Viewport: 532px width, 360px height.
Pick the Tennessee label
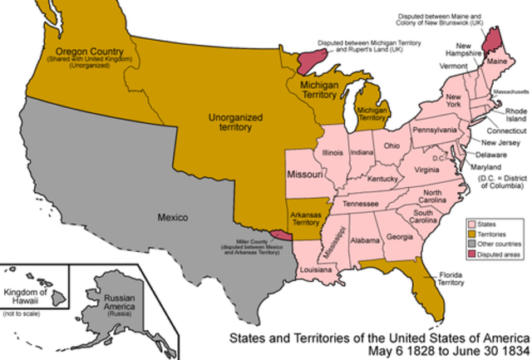click(x=362, y=204)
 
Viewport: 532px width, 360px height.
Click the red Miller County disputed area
click(x=283, y=236)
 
